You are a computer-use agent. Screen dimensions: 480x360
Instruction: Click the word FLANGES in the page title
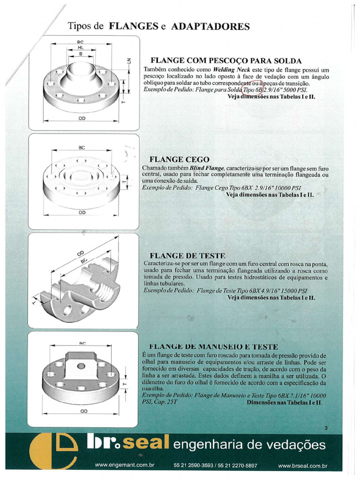click(x=133, y=26)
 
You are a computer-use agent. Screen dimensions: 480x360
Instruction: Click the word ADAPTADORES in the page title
click(x=210, y=26)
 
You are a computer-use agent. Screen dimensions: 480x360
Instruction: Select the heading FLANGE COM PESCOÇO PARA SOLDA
click(x=225, y=61)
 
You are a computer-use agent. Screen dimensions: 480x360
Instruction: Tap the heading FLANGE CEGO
click(x=179, y=159)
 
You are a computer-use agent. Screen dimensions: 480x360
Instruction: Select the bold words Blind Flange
click(x=207, y=167)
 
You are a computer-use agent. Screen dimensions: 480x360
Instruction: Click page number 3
click(x=326, y=427)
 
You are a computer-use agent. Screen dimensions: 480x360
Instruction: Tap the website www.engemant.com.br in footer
click(x=125, y=465)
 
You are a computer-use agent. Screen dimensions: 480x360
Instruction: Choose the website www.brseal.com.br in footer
click(x=302, y=466)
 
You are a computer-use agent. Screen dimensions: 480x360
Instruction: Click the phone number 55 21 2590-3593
click(x=192, y=465)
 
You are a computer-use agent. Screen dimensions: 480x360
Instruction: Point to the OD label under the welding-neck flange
click(x=82, y=119)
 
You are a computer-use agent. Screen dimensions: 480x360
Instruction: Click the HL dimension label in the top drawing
click(x=80, y=48)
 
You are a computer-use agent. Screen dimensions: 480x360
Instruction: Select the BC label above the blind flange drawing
click(x=82, y=148)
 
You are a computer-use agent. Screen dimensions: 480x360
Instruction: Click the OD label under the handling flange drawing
click(x=83, y=411)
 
